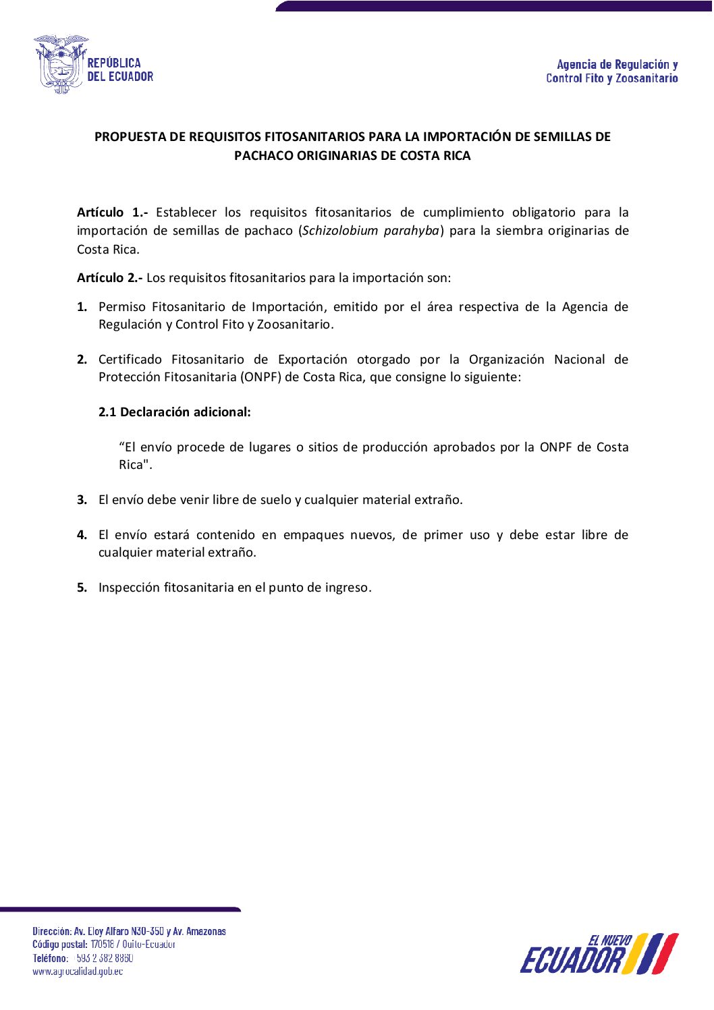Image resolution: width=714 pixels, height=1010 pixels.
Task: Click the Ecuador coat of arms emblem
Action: coord(61,64)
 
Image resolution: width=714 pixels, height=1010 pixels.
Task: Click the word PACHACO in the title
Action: coord(264,156)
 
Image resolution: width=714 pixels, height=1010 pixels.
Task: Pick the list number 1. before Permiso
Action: coord(82,307)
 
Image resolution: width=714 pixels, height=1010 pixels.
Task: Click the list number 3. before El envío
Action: coord(82,500)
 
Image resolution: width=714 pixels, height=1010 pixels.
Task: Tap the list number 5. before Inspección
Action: coord(82,588)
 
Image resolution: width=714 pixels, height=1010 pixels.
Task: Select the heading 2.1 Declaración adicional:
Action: coord(174,412)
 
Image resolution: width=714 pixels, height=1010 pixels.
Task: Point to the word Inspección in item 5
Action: coord(128,588)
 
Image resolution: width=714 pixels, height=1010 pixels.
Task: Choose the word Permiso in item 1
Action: coord(122,307)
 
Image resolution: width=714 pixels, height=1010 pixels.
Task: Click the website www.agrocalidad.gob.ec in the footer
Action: coord(78,972)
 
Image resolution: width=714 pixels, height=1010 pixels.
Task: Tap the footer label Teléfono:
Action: coord(51,958)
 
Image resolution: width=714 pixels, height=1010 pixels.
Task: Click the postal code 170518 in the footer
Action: coord(102,945)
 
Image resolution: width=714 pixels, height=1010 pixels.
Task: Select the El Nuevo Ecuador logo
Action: coord(599,954)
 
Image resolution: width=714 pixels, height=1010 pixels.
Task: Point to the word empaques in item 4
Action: coord(313,535)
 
